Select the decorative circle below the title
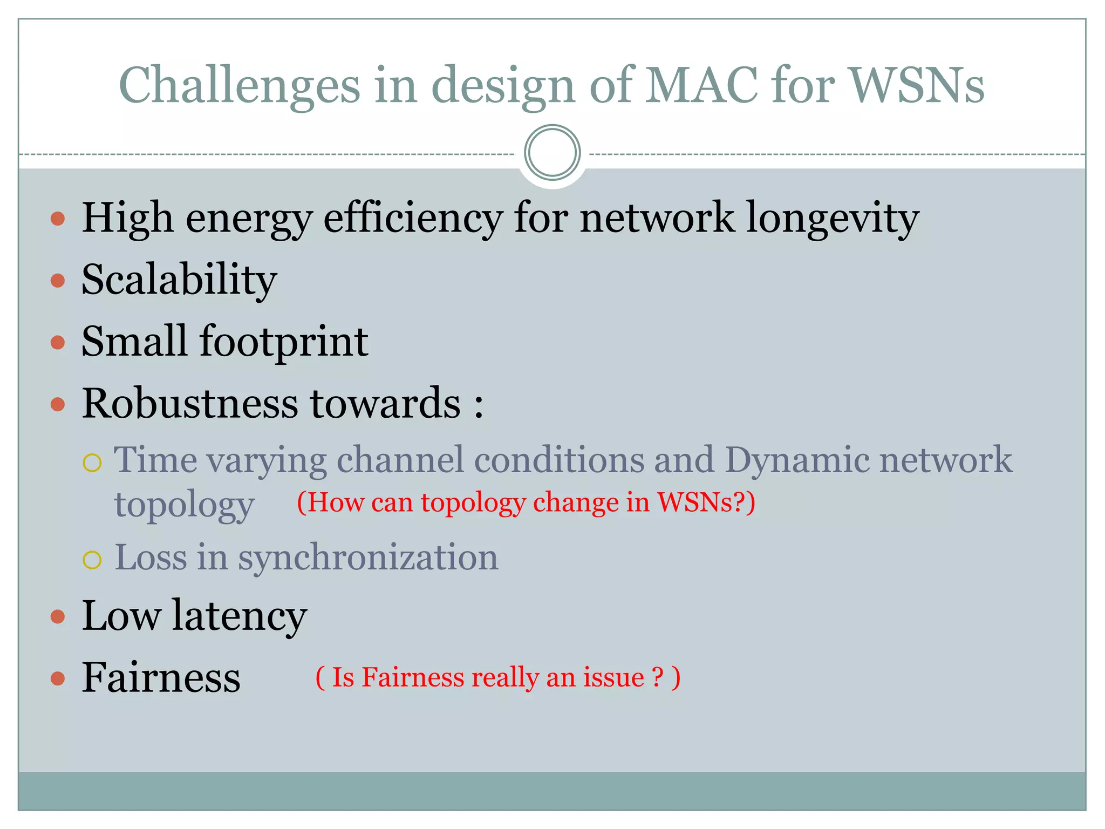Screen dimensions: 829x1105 pyautogui.click(x=552, y=153)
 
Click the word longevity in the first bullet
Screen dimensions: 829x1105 pyautogui.click(x=833, y=219)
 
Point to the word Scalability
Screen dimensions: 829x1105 pyautogui.click(x=179, y=280)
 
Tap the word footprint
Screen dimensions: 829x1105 pyautogui.click(x=284, y=342)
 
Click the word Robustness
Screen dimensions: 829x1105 pyautogui.click(x=190, y=404)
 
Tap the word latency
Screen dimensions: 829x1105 pyautogui.click(x=240, y=616)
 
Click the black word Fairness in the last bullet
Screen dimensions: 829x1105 pyautogui.click(x=161, y=677)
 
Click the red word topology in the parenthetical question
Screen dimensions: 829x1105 pyautogui.click(x=473, y=503)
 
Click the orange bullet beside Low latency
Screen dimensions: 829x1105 pyautogui.click(x=58, y=616)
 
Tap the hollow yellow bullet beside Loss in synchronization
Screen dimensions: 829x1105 pyautogui.click(x=92, y=560)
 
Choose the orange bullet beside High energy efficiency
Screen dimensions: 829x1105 pyautogui.click(x=58, y=219)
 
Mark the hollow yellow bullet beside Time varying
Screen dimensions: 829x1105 pyautogui.click(x=92, y=463)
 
